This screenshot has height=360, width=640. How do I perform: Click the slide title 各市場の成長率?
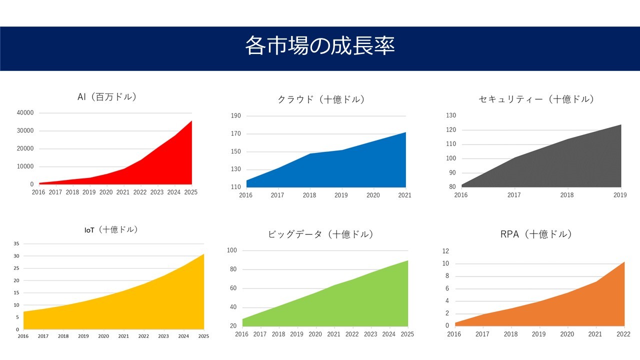pyautogui.click(x=320, y=45)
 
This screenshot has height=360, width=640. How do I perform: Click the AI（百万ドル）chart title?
pyautogui.click(x=107, y=97)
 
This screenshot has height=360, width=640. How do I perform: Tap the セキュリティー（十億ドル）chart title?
pyautogui.click(x=536, y=99)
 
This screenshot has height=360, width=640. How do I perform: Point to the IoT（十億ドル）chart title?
pyautogui.click(x=111, y=229)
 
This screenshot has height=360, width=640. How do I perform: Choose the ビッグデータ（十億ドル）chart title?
pyautogui.click(x=321, y=234)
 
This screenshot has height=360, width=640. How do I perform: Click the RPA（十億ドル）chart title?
pyautogui.click(x=536, y=234)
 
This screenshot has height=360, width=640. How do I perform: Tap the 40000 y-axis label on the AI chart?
pyautogui.click(x=25, y=112)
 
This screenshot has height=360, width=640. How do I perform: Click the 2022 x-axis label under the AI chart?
pyautogui.click(x=139, y=192)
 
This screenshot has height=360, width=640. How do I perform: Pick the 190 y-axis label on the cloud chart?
pyautogui.click(x=236, y=115)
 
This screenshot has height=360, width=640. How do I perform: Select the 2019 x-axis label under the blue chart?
pyautogui.click(x=341, y=195)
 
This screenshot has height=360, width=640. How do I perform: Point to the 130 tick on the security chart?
pyautogui.click(x=451, y=115)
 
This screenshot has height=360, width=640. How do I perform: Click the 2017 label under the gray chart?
pyautogui.click(x=514, y=195)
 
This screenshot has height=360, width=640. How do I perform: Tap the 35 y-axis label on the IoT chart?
pyautogui.click(x=16, y=243)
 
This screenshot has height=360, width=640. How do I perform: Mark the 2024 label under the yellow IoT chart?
pyautogui.click(x=183, y=336)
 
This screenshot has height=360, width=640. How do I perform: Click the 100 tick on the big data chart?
pyautogui.click(x=232, y=250)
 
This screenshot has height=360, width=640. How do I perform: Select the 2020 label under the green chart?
pyautogui.click(x=315, y=334)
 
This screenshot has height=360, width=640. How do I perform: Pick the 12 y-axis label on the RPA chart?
pyautogui.click(x=445, y=251)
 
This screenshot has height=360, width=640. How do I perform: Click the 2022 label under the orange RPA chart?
pyautogui.click(x=623, y=334)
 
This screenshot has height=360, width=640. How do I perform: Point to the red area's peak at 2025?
pyautogui.click(x=191, y=121)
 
